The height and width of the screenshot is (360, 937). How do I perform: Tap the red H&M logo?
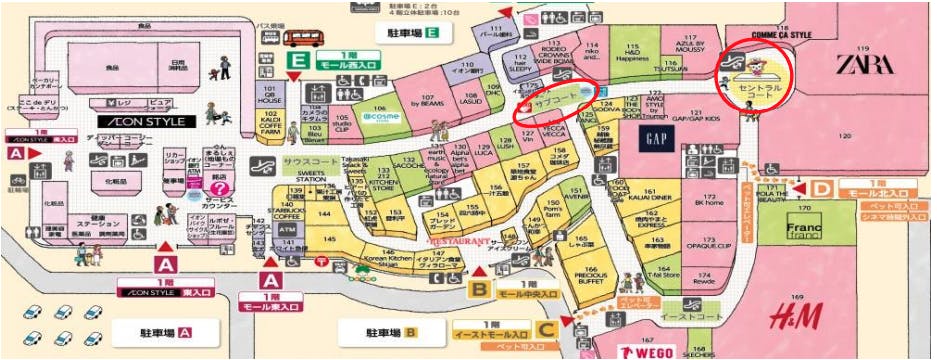pyautogui.click(x=796, y=318)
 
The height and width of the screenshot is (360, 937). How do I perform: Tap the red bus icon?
pyautogui.click(x=304, y=38)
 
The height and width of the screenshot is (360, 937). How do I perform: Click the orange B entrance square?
pyautogui.click(x=481, y=290)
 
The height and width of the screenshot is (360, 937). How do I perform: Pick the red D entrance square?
pyautogui.click(x=820, y=187)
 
